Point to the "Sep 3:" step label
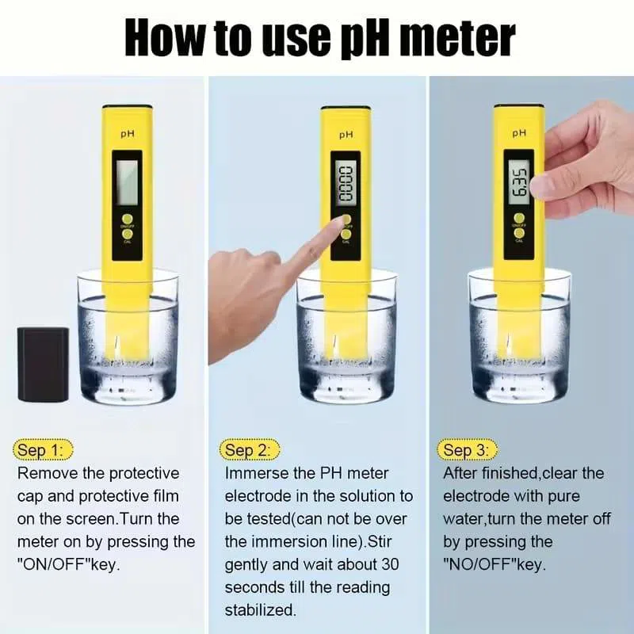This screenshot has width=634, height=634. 466,450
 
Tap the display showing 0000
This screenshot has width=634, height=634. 346,182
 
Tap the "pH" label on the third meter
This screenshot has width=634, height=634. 520,133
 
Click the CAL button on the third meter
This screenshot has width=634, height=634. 520,232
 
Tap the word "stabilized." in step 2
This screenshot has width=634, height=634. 261,610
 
